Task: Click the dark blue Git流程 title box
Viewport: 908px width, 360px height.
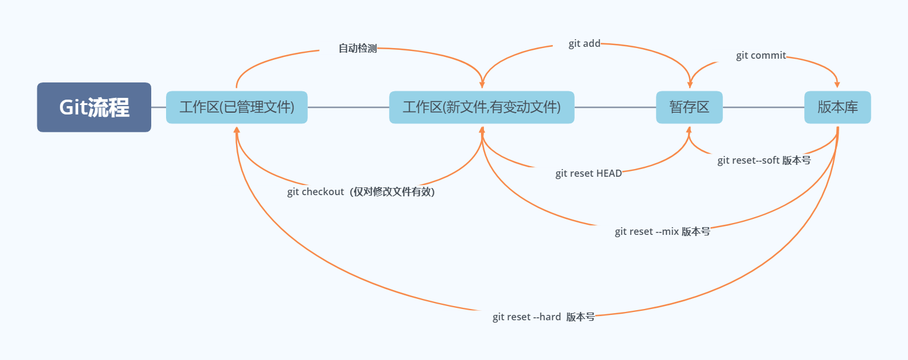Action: coord(94,107)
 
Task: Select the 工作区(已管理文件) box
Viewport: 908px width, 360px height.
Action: coord(237,107)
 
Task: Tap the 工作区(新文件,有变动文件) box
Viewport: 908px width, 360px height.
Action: coord(482,107)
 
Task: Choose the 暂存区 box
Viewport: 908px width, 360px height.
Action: coord(689,107)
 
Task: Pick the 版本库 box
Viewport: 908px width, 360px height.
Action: coord(837,107)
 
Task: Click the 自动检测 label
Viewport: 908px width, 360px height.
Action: coord(358,48)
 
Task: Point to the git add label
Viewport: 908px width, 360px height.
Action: coord(584,43)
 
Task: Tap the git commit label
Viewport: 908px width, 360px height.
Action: coord(761,55)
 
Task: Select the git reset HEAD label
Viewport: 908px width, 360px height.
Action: coord(588,173)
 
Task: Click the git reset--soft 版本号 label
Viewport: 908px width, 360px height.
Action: coord(764,160)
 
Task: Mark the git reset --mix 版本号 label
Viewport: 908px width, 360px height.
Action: coord(662,231)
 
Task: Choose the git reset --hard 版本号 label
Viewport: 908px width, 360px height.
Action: coord(544,317)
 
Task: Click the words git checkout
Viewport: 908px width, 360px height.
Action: coord(316,192)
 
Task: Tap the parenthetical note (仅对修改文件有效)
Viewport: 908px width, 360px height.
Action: coord(393,192)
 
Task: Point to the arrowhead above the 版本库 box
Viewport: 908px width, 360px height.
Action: coord(837,84)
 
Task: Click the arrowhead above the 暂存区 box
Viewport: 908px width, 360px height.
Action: coord(690,84)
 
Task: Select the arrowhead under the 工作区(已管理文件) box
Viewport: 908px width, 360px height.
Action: coord(237,130)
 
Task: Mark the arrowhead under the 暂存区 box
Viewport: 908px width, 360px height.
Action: coord(689,130)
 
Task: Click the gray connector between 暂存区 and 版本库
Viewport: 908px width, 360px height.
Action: coord(763,107)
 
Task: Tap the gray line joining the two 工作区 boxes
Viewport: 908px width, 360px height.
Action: coord(348,107)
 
